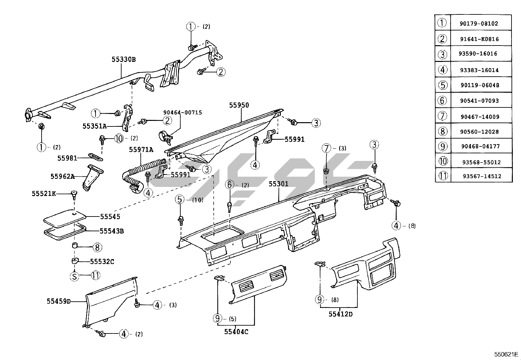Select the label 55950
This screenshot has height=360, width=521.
point(239,105)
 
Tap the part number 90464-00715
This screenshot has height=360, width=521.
point(183,112)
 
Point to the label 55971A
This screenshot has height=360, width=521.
point(141,150)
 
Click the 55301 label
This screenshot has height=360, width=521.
point(278,184)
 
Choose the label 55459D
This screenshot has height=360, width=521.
point(59,301)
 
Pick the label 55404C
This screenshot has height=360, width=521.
point(236,332)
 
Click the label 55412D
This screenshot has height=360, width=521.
point(341,314)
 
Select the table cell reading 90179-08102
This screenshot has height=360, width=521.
point(479,24)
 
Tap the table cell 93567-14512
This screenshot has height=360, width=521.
point(482,176)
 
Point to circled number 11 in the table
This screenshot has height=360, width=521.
point(442,176)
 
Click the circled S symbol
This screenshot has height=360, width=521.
point(75,276)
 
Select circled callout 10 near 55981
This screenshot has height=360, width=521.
point(119,139)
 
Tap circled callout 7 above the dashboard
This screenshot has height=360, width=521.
point(326,148)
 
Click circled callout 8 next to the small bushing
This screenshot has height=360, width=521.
point(97,247)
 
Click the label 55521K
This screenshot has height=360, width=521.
point(44,194)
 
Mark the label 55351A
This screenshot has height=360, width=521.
point(95,126)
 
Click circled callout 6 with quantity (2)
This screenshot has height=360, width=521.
point(230,185)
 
